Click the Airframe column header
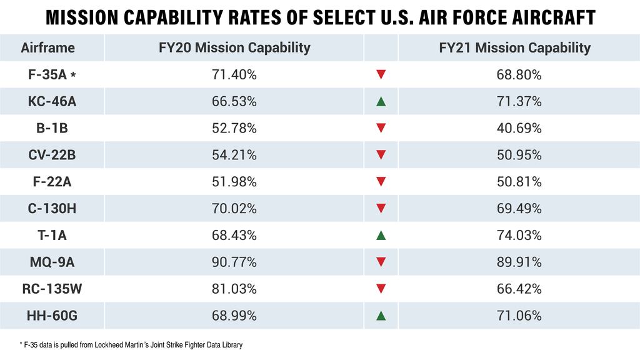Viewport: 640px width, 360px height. pos(47,47)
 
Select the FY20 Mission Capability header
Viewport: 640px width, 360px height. pos(234,47)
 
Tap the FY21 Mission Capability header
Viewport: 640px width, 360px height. pos(514,47)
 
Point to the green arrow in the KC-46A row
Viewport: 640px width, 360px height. pos(381,101)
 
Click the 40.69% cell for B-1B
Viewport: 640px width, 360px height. pos(519,128)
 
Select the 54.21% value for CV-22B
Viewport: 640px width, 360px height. pos(234,155)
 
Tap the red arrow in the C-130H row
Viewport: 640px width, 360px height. pos(381,208)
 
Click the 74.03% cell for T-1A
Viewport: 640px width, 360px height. pos(519,236)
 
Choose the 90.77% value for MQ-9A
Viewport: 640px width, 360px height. pos(234,262)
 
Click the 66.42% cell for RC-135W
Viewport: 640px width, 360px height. pos(519,289)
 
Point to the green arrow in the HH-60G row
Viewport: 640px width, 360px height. pos(381,316)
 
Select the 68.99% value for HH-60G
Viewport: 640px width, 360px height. pos(234,316)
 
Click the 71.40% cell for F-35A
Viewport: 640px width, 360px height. pos(234,75)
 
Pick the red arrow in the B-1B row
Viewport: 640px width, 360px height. pos(381,128)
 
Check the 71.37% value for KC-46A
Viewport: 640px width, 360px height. pos(519,101)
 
